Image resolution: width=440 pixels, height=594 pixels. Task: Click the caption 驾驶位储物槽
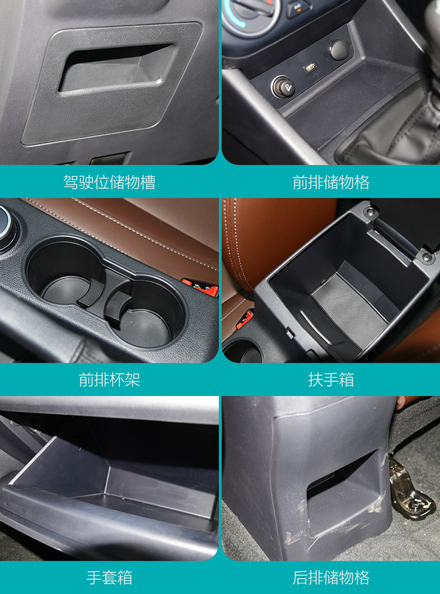point(109,182)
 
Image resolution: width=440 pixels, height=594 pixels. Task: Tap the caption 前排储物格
point(331,182)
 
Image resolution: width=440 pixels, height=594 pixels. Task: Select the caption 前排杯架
point(109,379)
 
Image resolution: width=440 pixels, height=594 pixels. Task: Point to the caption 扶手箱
point(331,379)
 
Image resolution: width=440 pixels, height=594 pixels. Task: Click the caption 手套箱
point(109,577)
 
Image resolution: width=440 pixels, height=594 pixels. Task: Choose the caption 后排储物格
point(331,577)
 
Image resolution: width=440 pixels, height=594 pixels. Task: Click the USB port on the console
point(311,68)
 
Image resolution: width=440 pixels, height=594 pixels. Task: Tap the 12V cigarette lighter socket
point(283,87)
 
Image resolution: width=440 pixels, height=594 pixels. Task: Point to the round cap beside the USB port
point(339,49)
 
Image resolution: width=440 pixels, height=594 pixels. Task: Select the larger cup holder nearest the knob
point(65,275)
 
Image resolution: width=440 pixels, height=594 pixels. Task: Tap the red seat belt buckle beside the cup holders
point(201,287)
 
